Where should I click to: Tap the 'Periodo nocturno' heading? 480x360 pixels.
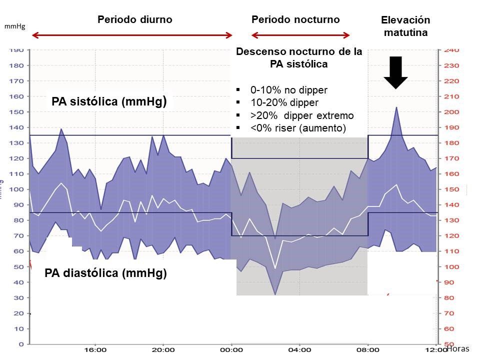click(x=295, y=19)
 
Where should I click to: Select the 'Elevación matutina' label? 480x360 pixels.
click(x=405, y=26)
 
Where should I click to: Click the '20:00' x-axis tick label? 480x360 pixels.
click(x=163, y=350)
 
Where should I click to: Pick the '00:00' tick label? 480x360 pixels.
click(x=231, y=350)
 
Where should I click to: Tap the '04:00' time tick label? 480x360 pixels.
click(x=299, y=350)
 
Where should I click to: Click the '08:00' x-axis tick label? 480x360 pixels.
click(x=368, y=350)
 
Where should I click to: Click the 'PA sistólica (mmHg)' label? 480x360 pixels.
click(x=108, y=102)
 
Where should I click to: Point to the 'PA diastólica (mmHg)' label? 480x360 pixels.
click(x=105, y=273)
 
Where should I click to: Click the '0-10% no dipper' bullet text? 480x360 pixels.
click(x=288, y=90)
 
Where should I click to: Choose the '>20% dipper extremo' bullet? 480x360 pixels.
click(x=301, y=115)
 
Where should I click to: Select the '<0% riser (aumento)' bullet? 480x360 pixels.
click(x=297, y=128)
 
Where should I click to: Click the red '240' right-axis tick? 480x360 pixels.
click(x=451, y=50)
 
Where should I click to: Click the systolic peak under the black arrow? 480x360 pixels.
click(x=396, y=107)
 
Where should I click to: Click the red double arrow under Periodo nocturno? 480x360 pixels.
click(x=300, y=35)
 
